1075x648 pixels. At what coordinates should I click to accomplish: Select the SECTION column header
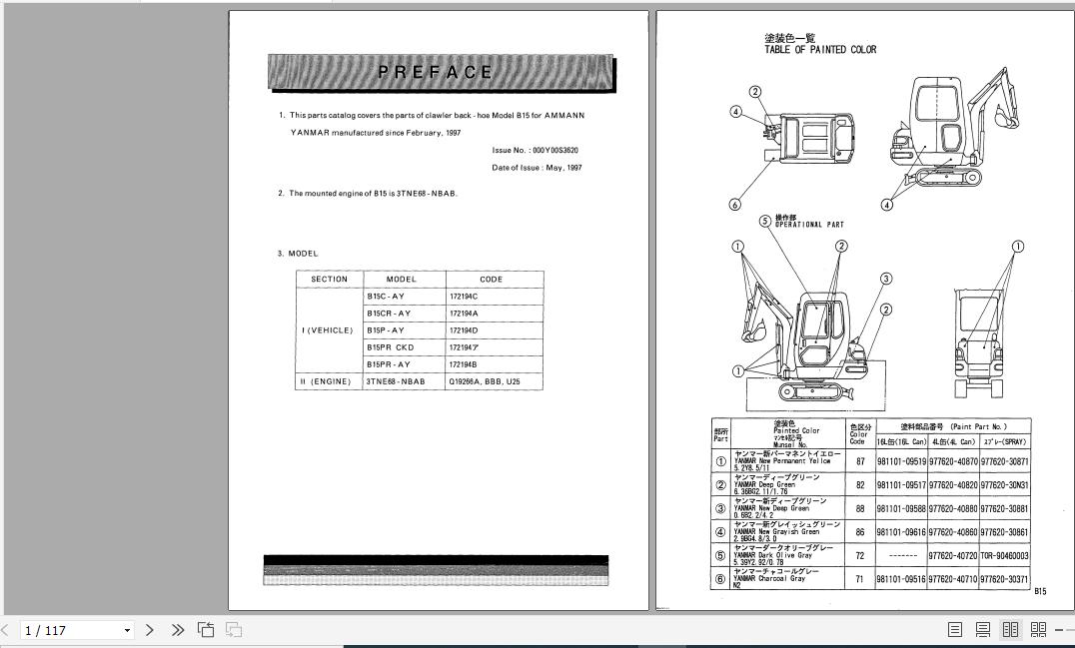(x=330, y=280)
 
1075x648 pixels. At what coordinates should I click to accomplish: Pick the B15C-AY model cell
(x=386, y=297)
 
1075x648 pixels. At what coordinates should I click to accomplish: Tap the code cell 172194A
(x=464, y=314)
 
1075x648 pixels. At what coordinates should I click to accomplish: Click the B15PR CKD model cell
(x=390, y=347)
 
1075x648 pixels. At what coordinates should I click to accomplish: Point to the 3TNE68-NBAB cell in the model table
(x=396, y=381)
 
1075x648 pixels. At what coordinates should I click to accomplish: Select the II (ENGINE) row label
(x=326, y=381)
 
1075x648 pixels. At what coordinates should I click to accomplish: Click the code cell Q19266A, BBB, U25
(x=484, y=381)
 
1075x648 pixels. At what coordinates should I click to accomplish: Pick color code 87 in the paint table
(x=860, y=462)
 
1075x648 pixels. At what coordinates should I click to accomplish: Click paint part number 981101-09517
(x=901, y=485)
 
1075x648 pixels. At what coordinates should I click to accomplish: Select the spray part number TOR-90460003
(x=1003, y=556)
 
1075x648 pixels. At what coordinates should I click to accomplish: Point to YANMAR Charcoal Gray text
(x=769, y=578)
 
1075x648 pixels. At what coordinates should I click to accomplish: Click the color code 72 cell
(x=860, y=556)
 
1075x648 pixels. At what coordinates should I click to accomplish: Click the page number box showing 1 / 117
(x=75, y=630)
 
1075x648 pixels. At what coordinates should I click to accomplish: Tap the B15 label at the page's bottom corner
(x=1040, y=591)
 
